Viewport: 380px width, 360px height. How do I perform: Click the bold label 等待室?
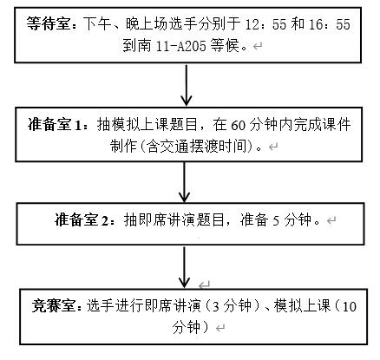(49, 23)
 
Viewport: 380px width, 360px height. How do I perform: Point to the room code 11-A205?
(180, 46)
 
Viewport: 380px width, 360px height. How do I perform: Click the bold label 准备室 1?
(55, 125)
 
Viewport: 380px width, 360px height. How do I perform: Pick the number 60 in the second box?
(238, 125)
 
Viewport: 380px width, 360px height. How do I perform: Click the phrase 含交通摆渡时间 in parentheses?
(198, 146)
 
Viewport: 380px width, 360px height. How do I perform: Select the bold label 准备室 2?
(82, 220)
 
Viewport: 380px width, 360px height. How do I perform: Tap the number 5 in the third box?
(276, 220)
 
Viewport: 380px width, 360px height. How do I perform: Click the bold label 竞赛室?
(54, 305)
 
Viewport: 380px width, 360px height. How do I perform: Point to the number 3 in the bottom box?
(215, 306)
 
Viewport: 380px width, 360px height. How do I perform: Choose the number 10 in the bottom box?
(349, 306)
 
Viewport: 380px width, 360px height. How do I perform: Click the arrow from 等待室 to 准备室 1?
(187, 85)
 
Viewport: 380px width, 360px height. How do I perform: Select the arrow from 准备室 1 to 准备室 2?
(184, 182)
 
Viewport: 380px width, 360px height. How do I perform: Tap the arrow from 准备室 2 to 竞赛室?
(184, 267)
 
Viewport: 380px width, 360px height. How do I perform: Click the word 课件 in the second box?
(337, 125)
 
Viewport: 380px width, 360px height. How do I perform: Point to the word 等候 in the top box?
(225, 45)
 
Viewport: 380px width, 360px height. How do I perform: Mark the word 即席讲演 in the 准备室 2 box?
(167, 220)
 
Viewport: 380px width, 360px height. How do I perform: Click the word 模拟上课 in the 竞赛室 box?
(302, 305)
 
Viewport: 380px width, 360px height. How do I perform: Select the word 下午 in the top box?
(98, 23)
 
